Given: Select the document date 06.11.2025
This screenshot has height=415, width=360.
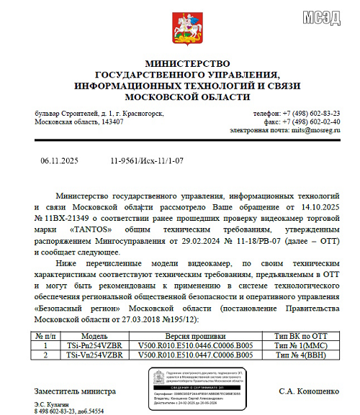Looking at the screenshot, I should point(58,163).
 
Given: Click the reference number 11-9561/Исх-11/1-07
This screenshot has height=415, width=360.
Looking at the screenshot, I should point(147,163).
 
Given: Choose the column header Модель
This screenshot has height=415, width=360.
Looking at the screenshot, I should point(94,334).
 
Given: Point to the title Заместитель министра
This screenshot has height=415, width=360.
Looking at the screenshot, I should point(74,392).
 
